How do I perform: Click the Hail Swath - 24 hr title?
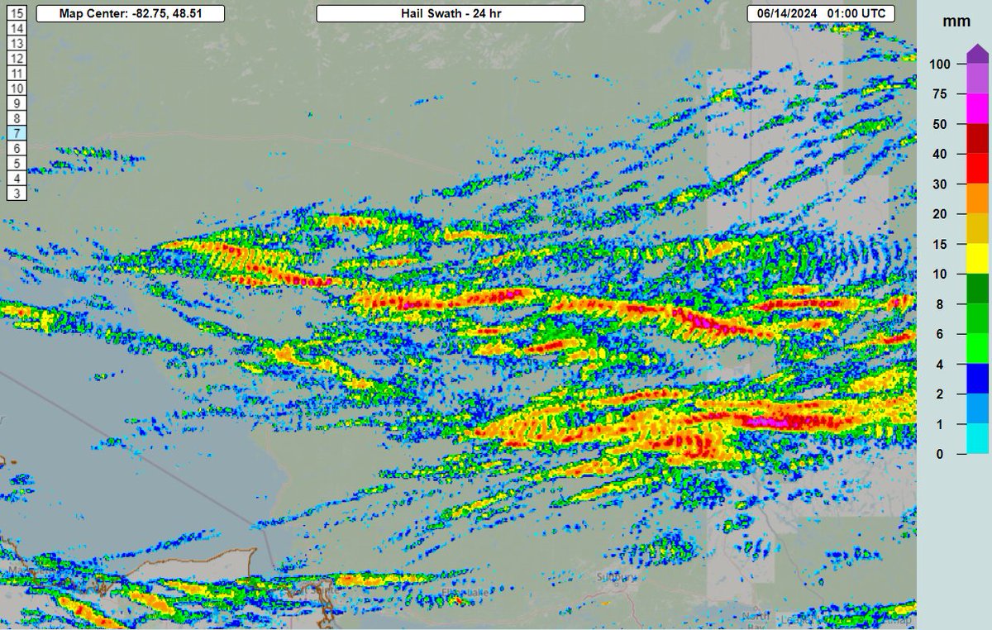click(451, 14)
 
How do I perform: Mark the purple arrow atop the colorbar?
click(978, 53)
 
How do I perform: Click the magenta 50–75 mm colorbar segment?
click(978, 109)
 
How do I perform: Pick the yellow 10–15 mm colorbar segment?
click(978, 259)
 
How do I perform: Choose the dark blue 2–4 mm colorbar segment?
click(978, 379)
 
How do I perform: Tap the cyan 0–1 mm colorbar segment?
click(978, 439)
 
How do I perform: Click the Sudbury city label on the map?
click(618, 577)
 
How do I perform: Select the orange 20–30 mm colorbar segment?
click(978, 199)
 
